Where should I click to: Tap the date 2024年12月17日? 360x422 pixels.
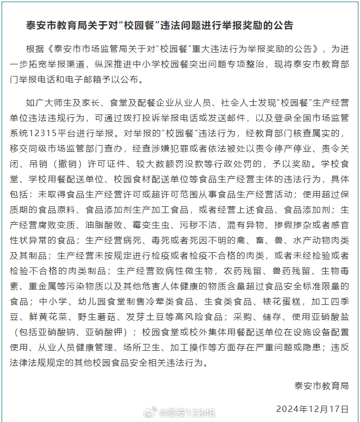pos(312,408)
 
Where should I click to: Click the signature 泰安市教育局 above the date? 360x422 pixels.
pos(322,386)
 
